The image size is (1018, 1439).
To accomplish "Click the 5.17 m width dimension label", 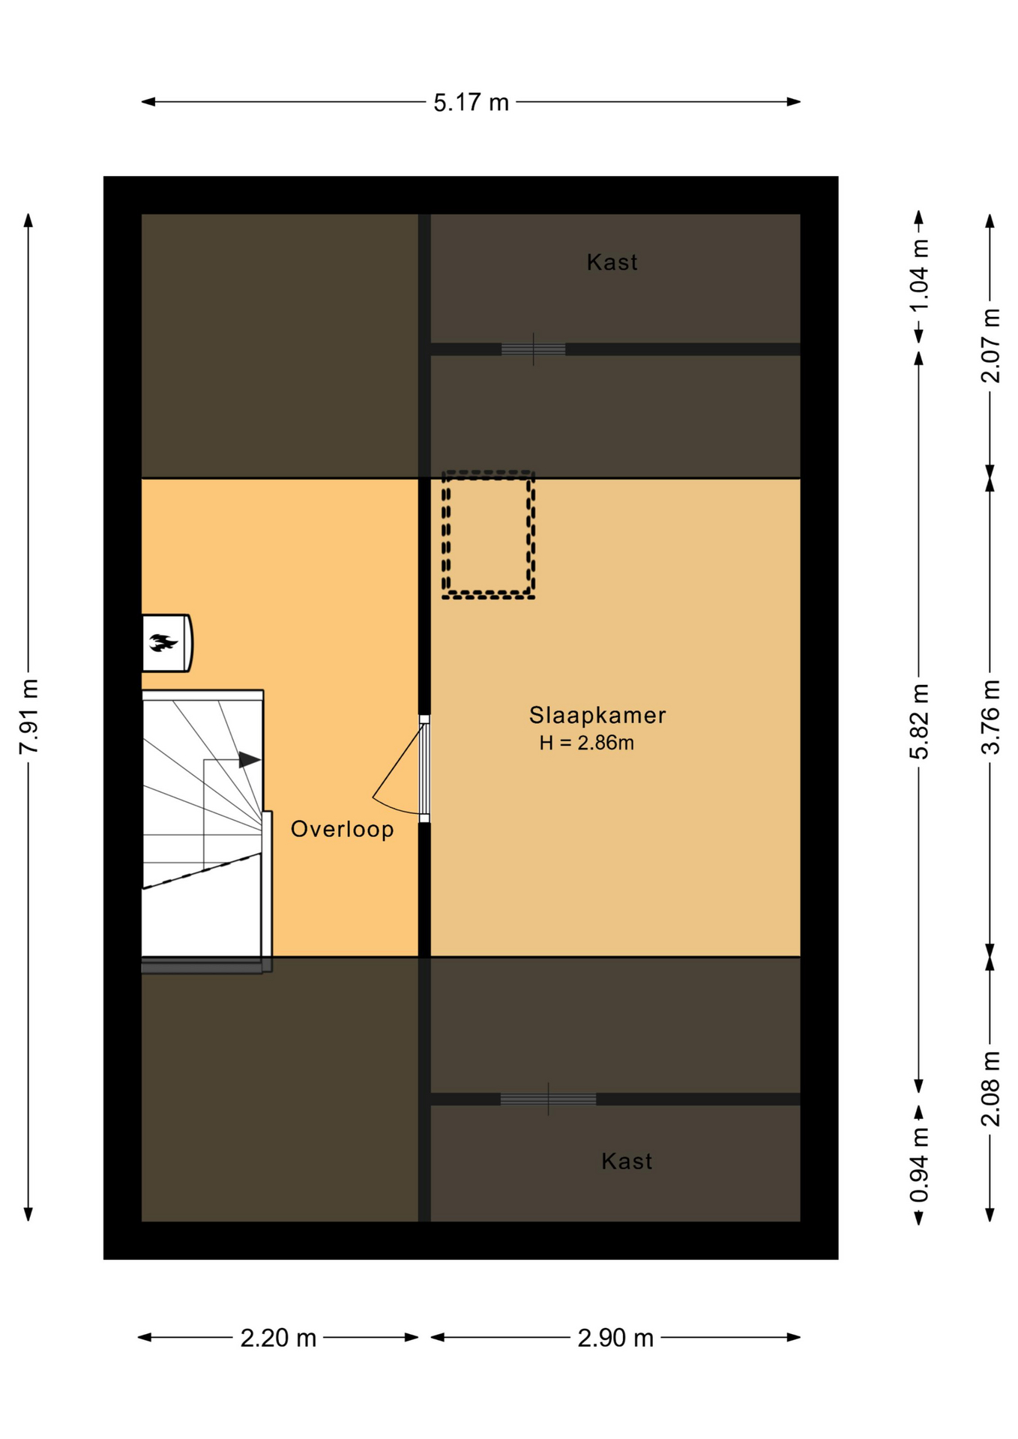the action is tap(471, 103).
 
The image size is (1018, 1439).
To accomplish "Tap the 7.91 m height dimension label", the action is tap(28, 717).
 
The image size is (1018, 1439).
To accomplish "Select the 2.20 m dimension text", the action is tap(278, 1338).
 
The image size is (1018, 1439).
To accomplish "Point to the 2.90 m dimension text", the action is tap(615, 1338).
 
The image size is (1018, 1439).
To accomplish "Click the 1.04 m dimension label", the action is tap(919, 275).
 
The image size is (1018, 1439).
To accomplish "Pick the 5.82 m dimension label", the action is tap(919, 721).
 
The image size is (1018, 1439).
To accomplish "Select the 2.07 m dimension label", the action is tap(990, 346).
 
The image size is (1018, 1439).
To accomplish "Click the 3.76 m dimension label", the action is tap(990, 717).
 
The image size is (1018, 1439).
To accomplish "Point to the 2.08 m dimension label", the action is tap(990, 1089).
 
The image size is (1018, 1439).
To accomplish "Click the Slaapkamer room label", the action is tap(597, 715).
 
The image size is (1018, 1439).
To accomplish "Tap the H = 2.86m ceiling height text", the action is tap(586, 743).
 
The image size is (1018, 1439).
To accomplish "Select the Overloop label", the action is tap(343, 829).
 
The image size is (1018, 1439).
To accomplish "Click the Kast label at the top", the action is tap(612, 262).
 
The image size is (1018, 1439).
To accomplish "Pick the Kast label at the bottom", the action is tap(627, 1162).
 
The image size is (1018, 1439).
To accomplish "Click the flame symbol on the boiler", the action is tap(163, 642).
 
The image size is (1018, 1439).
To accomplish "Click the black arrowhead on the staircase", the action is tap(250, 760).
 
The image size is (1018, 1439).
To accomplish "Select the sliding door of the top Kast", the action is tap(533, 349).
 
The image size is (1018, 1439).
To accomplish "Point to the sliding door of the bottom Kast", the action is tap(548, 1099).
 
